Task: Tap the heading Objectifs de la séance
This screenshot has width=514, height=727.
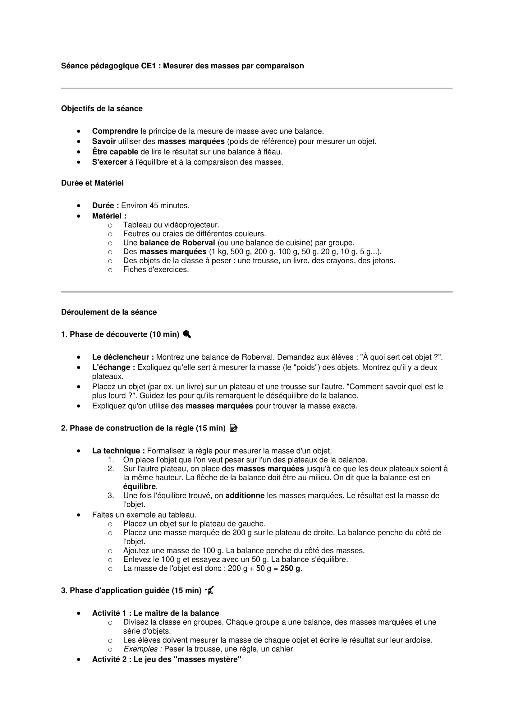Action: [x=102, y=108]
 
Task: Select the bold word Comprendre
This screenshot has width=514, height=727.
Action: [x=115, y=131]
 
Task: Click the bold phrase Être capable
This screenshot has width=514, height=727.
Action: [x=115, y=152]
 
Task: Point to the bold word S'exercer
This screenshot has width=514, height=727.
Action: [x=109, y=162]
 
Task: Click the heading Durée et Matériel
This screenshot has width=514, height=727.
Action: [x=92, y=183]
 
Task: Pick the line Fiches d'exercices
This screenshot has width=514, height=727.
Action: [x=156, y=269]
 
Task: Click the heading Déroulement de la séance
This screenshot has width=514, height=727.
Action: [x=108, y=312]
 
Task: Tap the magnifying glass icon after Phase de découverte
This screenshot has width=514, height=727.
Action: [x=187, y=334]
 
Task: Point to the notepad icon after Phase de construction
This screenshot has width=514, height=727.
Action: [x=233, y=428]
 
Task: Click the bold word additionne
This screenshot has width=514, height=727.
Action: [x=245, y=495]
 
